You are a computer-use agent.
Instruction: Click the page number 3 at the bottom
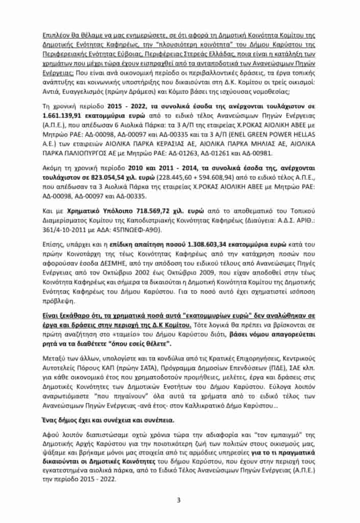coord(179,500)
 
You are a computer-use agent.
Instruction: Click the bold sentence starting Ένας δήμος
coord(108,419)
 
